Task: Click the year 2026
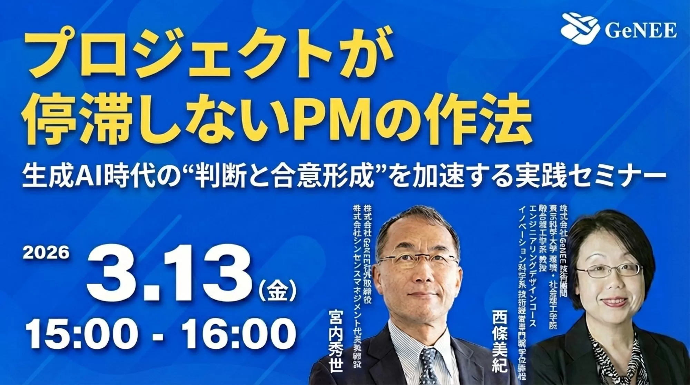coord(46,253)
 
